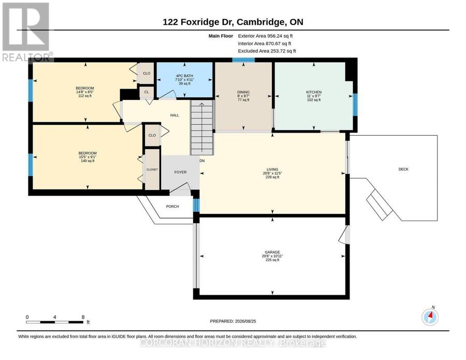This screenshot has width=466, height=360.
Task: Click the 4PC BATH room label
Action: pos(184,76)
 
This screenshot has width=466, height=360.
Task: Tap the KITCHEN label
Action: pos(314,92)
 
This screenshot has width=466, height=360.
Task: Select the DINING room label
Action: pos(243,92)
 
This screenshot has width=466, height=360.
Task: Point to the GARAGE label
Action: pos(272,252)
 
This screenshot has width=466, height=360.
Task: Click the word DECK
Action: pos(403,169)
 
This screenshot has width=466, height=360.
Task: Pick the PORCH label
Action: pos(172,206)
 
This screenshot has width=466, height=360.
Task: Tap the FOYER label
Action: pos(180,172)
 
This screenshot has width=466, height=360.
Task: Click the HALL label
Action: pos(175,115)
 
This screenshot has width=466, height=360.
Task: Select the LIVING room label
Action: pos(272,169)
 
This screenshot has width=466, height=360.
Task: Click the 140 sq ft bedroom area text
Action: pos(88,161)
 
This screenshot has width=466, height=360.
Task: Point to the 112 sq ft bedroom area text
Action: pos(85,96)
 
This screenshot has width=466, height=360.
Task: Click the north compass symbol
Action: pos(430,317)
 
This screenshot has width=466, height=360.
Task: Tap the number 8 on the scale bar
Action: pos(83,317)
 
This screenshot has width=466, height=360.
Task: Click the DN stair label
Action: pos(202,161)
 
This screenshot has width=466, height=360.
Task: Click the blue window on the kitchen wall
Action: pos(355,105)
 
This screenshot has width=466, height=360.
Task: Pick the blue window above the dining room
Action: pos(243,60)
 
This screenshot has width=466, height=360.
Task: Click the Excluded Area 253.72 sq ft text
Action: pos(267,51)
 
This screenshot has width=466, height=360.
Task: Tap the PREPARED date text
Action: pos(233,321)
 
